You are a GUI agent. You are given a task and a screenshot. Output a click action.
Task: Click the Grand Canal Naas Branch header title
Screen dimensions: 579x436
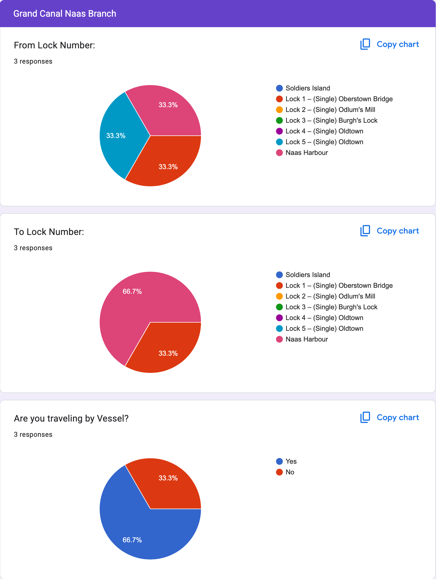coord(65,14)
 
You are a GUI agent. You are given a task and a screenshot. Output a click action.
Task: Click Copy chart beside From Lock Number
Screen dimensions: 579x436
coord(390,44)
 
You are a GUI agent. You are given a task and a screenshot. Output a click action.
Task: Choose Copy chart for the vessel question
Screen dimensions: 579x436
coord(390,418)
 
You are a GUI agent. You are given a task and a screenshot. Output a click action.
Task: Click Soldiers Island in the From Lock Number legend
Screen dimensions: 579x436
coord(307,88)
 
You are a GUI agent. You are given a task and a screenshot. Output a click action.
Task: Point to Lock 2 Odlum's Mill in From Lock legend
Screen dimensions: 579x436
coord(330,110)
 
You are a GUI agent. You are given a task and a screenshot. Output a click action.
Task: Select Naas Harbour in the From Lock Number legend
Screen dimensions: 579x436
coord(306,153)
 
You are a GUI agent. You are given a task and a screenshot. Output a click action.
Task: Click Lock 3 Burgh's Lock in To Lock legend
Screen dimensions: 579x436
coord(331,307)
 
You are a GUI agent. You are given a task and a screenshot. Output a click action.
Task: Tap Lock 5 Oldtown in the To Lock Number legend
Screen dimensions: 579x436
coord(324,329)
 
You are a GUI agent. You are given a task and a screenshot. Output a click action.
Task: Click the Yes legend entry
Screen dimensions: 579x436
coord(291,461)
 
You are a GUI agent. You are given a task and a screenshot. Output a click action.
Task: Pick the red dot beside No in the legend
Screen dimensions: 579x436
coord(279,472)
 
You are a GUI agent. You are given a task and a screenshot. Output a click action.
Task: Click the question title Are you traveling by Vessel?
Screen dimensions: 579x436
coord(71,418)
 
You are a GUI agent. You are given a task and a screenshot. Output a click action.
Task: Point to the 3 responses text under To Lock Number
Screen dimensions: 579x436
coord(33,248)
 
